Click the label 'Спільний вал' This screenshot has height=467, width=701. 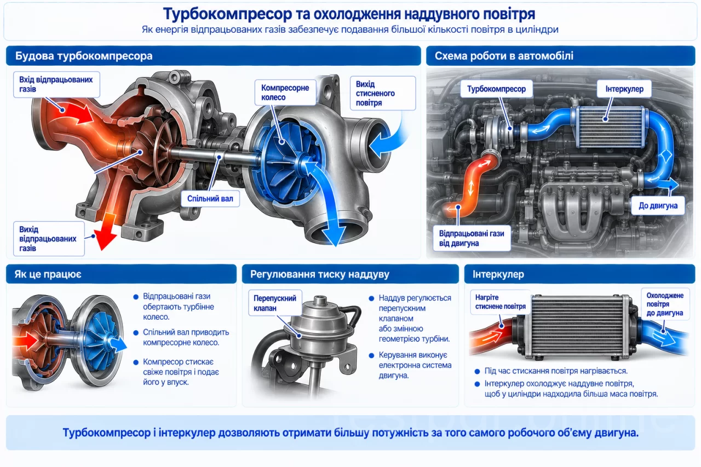pyautogui.click(x=210, y=199)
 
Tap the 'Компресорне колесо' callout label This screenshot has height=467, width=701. pyautogui.click(x=285, y=93)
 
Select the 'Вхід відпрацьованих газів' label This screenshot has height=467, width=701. pyautogui.click(x=56, y=84)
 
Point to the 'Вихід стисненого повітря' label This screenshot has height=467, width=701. pyautogui.click(x=383, y=93)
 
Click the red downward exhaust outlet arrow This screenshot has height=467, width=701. pyautogui.click(x=106, y=232)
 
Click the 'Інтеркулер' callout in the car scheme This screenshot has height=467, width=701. pyautogui.click(x=624, y=89)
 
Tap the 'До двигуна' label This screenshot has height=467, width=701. pyautogui.click(x=658, y=205)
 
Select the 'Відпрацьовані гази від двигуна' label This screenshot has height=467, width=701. pyautogui.click(x=472, y=238)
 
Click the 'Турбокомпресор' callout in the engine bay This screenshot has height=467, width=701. pyautogui.click(x=496, y=89)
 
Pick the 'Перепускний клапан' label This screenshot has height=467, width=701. pyautogui.click(x=275, y=303)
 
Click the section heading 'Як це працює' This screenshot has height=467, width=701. pyautogui.click(x=48, y=274)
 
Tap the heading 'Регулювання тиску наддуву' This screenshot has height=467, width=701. pyautogui.click(x=319, y=274)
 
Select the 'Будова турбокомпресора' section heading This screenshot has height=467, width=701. pyautogui.click(x=84, y=56)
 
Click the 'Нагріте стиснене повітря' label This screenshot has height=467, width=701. pyautogui.click(x=500, y=302)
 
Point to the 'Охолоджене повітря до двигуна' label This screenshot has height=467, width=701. pyautogui.click(x=665, y=304)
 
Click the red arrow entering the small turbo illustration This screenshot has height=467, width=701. pyautogui.click(x=25, y=341)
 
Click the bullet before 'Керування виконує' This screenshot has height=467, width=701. pyautogui.click(x=371, y=355)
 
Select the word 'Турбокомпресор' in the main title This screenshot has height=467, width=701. pyautogui.click(x=227, y=14)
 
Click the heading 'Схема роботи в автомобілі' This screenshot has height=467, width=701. pyautogui.click(x=504, y=56)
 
